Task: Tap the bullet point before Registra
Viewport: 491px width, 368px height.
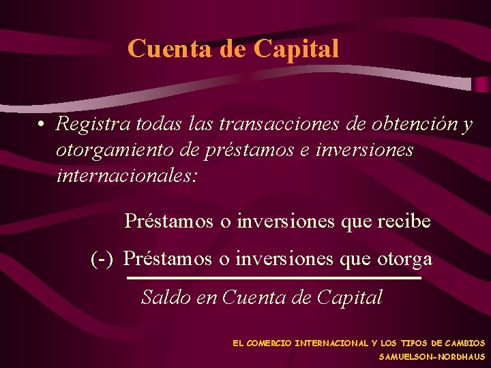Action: tap(42, 125)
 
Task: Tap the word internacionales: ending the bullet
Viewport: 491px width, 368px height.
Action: tap(127, 176)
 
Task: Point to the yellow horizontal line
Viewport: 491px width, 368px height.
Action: tap(274, 278)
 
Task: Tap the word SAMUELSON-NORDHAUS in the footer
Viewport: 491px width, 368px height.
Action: tap(432, 356)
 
